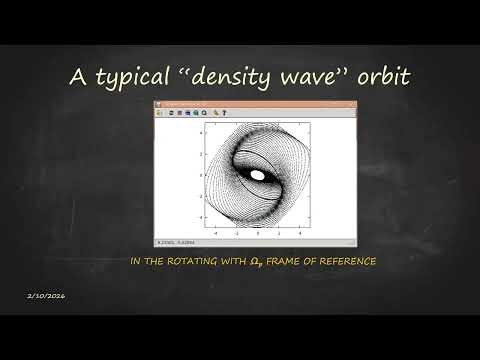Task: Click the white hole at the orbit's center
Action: click(x=257, y=175)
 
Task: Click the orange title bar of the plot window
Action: click(x=254, y=105)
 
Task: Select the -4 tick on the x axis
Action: click(x=215, y=229)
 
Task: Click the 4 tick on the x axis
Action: click(x=299, y=229)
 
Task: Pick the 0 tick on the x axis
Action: click(x=257, y=229)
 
